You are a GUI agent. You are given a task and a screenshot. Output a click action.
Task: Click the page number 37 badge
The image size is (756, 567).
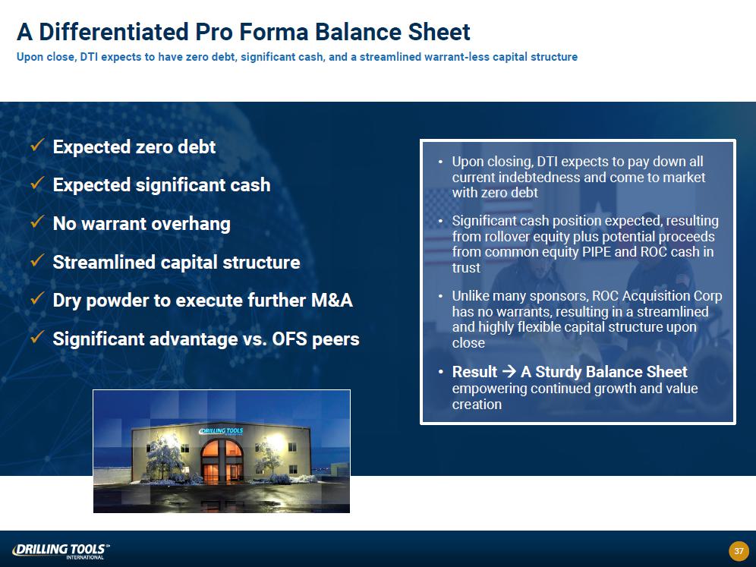coord(739,550)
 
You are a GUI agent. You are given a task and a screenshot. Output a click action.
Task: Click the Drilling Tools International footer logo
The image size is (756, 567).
coord(61,551)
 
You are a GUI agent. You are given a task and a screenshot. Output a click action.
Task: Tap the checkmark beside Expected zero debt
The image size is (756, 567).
coord(38,145)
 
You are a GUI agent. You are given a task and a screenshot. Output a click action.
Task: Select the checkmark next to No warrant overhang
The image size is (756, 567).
coord(38,222)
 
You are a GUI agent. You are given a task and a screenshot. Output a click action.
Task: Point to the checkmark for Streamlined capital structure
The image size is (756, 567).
coord(38,260)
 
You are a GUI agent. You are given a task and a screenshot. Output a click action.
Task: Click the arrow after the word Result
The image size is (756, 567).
coord(509,372)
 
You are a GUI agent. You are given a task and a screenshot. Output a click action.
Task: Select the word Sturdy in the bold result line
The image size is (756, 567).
coord(557,372)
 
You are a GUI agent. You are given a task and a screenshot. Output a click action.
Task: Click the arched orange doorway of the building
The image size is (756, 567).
coord(222,461)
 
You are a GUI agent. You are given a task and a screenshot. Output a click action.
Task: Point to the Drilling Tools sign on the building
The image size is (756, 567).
coord(222,431)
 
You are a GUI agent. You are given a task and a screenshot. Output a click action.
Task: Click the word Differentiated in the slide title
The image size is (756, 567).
coord(113,33)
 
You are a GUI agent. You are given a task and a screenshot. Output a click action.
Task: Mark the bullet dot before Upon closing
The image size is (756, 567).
coord(441,162)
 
